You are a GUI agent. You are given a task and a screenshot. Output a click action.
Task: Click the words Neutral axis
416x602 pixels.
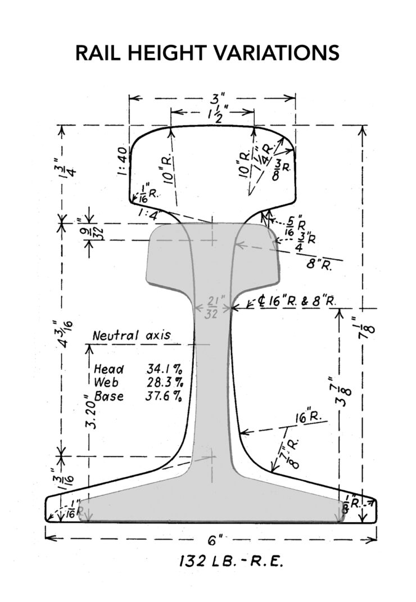[x=132, y=336]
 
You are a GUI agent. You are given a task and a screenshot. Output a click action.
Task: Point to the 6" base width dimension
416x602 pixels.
[x=212, y=541]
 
